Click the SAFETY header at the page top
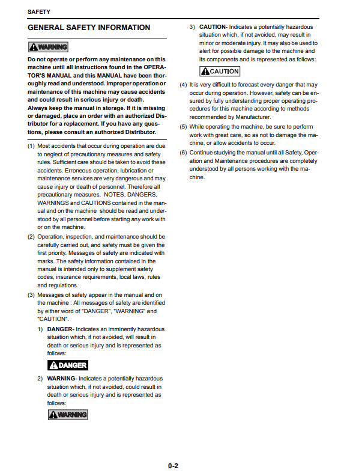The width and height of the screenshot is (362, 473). pos(38,11)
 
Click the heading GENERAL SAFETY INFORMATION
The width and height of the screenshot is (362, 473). pos(89,28)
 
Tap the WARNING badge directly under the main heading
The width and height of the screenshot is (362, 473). pos(48,47)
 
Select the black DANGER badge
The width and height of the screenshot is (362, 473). pos(68,365)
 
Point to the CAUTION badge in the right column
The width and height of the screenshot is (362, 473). pos(220,72)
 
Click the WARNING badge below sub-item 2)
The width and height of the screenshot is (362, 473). pos(68,415)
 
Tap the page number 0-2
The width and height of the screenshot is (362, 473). pos(173,465)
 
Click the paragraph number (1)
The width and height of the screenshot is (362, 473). pos(31,146)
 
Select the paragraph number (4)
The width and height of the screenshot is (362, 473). pos(184,85)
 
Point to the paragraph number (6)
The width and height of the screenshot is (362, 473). pos(184,153)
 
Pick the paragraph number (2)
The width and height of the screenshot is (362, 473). pos(31,237)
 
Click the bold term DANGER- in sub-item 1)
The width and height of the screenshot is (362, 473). pos(61,329)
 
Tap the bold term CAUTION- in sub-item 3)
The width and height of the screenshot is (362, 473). pos(213,27)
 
